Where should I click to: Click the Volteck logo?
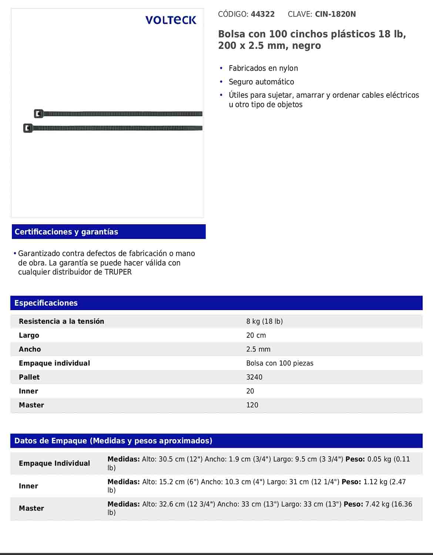tap(171, 20)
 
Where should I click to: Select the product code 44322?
tap(263, 14)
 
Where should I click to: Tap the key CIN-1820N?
tap(335, 14)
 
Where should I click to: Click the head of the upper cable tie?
tap(38, 114)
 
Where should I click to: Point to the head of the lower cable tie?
tap(28, 128)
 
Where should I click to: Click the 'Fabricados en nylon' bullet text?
tap(263, 68)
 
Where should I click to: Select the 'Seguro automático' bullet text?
tap(261, 82)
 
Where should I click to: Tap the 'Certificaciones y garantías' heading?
tap(66, 232)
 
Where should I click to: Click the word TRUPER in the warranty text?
tap(118, 272)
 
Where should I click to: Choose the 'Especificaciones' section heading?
tap(46, 303)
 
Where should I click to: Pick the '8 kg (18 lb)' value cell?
tap(264, 321)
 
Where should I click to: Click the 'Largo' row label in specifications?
tap(29, 335)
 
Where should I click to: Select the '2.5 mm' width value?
tap(258, 349)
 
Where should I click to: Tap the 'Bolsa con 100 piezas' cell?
tap(279, 363)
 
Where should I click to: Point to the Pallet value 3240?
tap(254, 377)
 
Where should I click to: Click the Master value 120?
tap(252, 405)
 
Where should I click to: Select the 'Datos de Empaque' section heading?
tap(113, 441)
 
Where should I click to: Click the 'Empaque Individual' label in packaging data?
tap(54, 463)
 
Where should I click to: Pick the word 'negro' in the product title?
tap(306, 46)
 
